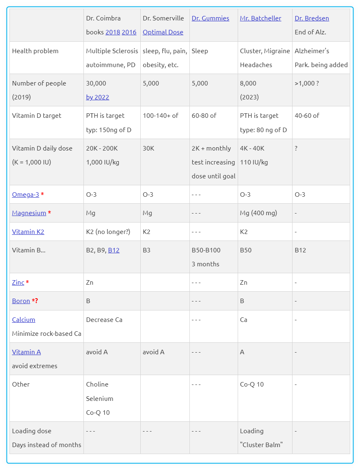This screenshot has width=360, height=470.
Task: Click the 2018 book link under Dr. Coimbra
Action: coord(112,32)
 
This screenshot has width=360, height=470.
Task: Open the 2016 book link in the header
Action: coord(129,32)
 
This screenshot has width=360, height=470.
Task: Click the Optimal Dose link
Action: coord(163,32)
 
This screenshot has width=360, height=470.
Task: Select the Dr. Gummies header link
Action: coord(210,18)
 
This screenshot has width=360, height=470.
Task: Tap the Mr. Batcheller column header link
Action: coord(261,18)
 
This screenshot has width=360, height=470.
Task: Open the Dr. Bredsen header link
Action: coord(312,18)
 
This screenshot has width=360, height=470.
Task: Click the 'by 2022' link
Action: coord(97,97)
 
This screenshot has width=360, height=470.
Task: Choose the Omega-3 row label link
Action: coord(25,195)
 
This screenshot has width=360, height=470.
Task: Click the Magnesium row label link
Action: coord(29,213)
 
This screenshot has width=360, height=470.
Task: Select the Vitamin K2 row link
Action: coord(28,232)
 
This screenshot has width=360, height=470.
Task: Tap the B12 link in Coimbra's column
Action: coord(114,250)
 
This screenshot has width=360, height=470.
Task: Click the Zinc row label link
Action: coord(18,283)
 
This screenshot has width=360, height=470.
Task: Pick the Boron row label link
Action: coord(21,301)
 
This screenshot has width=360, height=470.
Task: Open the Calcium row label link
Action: coord(23,320)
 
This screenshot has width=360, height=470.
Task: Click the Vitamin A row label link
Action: coord(26,352)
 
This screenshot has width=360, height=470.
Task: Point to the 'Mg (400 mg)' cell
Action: coord(259,213)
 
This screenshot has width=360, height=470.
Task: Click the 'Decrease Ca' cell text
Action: coord(104,320)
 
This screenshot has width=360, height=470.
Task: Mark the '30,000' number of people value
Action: coord(96,83)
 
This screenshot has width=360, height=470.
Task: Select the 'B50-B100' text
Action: coord(206,250)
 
